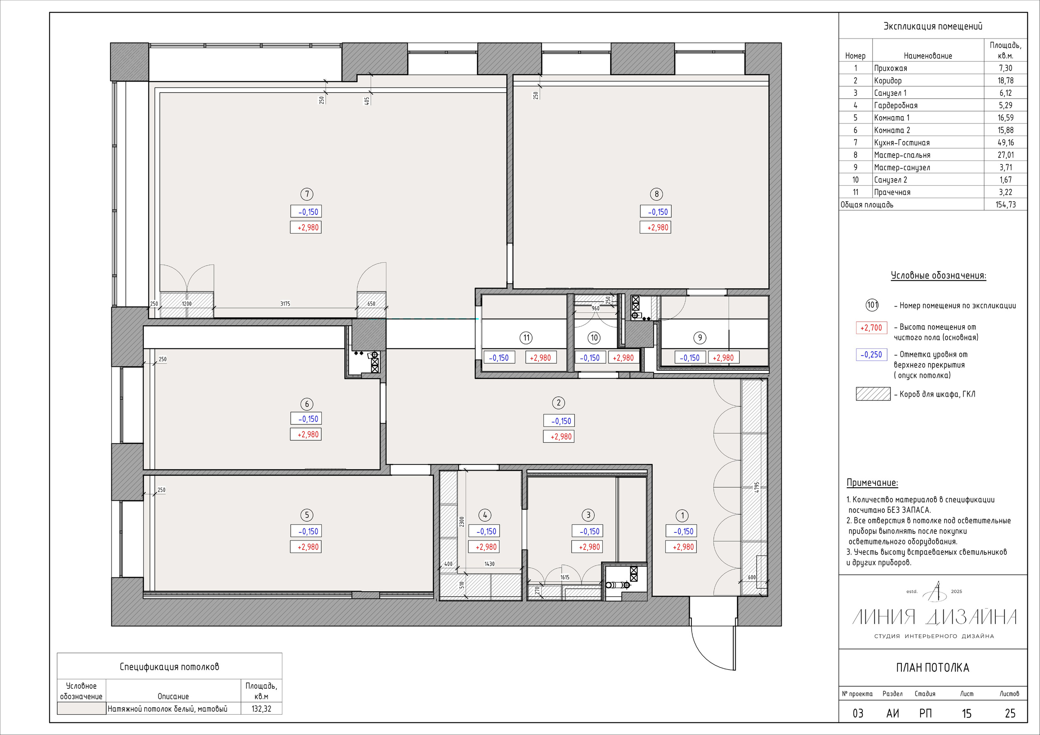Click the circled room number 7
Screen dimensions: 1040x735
[307, 194]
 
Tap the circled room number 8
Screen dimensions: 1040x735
[656, 194]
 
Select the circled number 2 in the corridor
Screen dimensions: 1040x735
[558, 402]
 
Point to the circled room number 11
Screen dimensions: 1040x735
[526, 337]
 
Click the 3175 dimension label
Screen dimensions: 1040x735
[285, 303]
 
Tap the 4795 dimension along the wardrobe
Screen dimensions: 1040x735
[756, 488]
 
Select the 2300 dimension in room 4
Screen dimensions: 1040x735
[461, 521]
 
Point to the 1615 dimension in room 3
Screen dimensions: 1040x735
[564, 577]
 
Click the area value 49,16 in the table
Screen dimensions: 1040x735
[1005, 142]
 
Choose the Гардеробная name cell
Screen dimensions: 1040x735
[895, 105]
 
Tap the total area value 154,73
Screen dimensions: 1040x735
[1005, 204]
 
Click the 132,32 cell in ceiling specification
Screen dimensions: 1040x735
[261, 708]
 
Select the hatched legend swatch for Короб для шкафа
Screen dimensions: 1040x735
[873, 394]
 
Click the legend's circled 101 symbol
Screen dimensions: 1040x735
[872, 305]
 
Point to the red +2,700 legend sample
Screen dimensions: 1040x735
[871, 327]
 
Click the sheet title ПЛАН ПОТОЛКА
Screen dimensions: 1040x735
[933, 668]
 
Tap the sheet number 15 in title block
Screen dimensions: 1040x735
[966, 713]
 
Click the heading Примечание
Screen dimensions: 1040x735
[872, 483]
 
